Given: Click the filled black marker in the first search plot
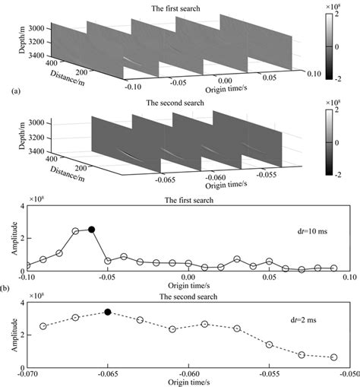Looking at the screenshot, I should click(x=91, y=229).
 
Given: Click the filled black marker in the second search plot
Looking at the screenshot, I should click(x=108, y=312).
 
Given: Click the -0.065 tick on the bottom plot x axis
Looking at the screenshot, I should click(x=108, y=374).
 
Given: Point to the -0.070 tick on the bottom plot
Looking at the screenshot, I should click(x=28, y=374).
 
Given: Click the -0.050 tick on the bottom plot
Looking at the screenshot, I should click(x=349, y=374).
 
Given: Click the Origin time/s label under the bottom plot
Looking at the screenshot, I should click(x=188, y=382).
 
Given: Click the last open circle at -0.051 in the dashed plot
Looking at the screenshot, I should click(x=335, y=357).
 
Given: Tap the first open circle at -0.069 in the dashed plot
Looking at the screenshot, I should click(x=43, y=325).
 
